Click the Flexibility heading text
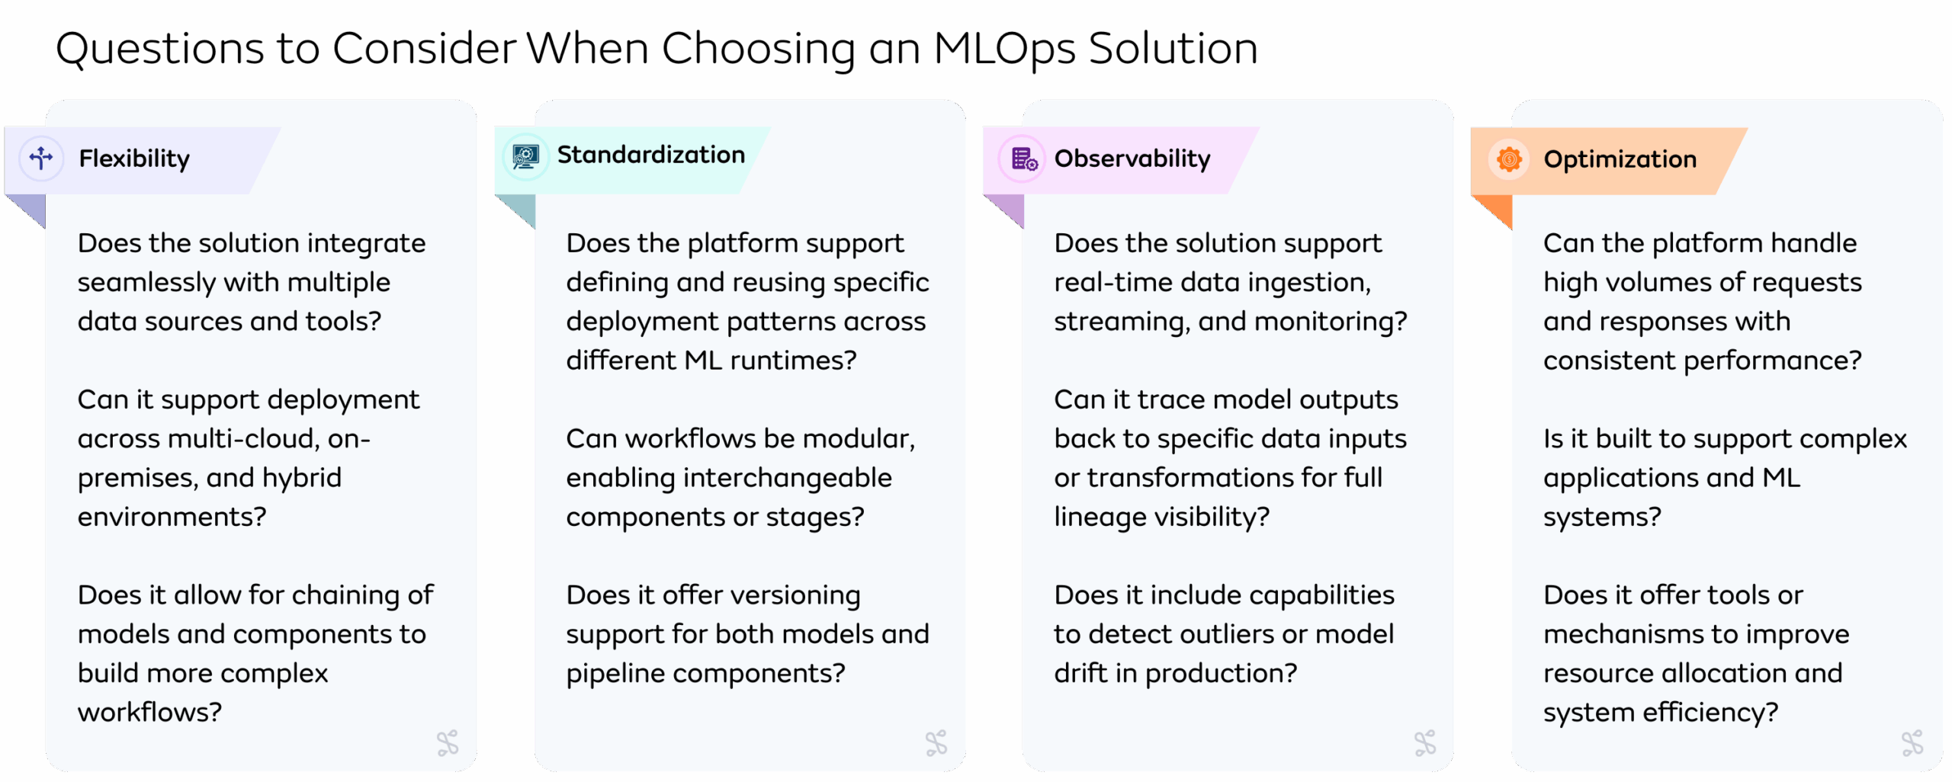pos(134,159)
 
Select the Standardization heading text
pos(650,155)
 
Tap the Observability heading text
pos(1132,159)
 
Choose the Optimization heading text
pos(1620,159)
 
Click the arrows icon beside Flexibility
pos(41,159)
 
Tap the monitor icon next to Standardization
pos(525,156)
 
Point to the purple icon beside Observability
pos(1024,159)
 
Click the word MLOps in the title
pos(1004,50)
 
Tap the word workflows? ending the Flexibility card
pos(149,712)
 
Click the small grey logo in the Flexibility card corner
pos(448,742)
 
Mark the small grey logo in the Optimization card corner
pos(1912,742)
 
